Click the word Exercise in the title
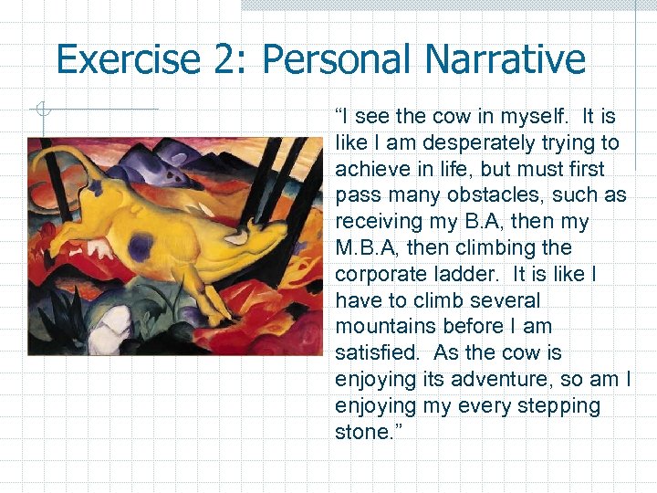[x=127, y=59]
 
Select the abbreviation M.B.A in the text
[x=364, y=248]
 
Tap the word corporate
[x=376, y=274]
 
